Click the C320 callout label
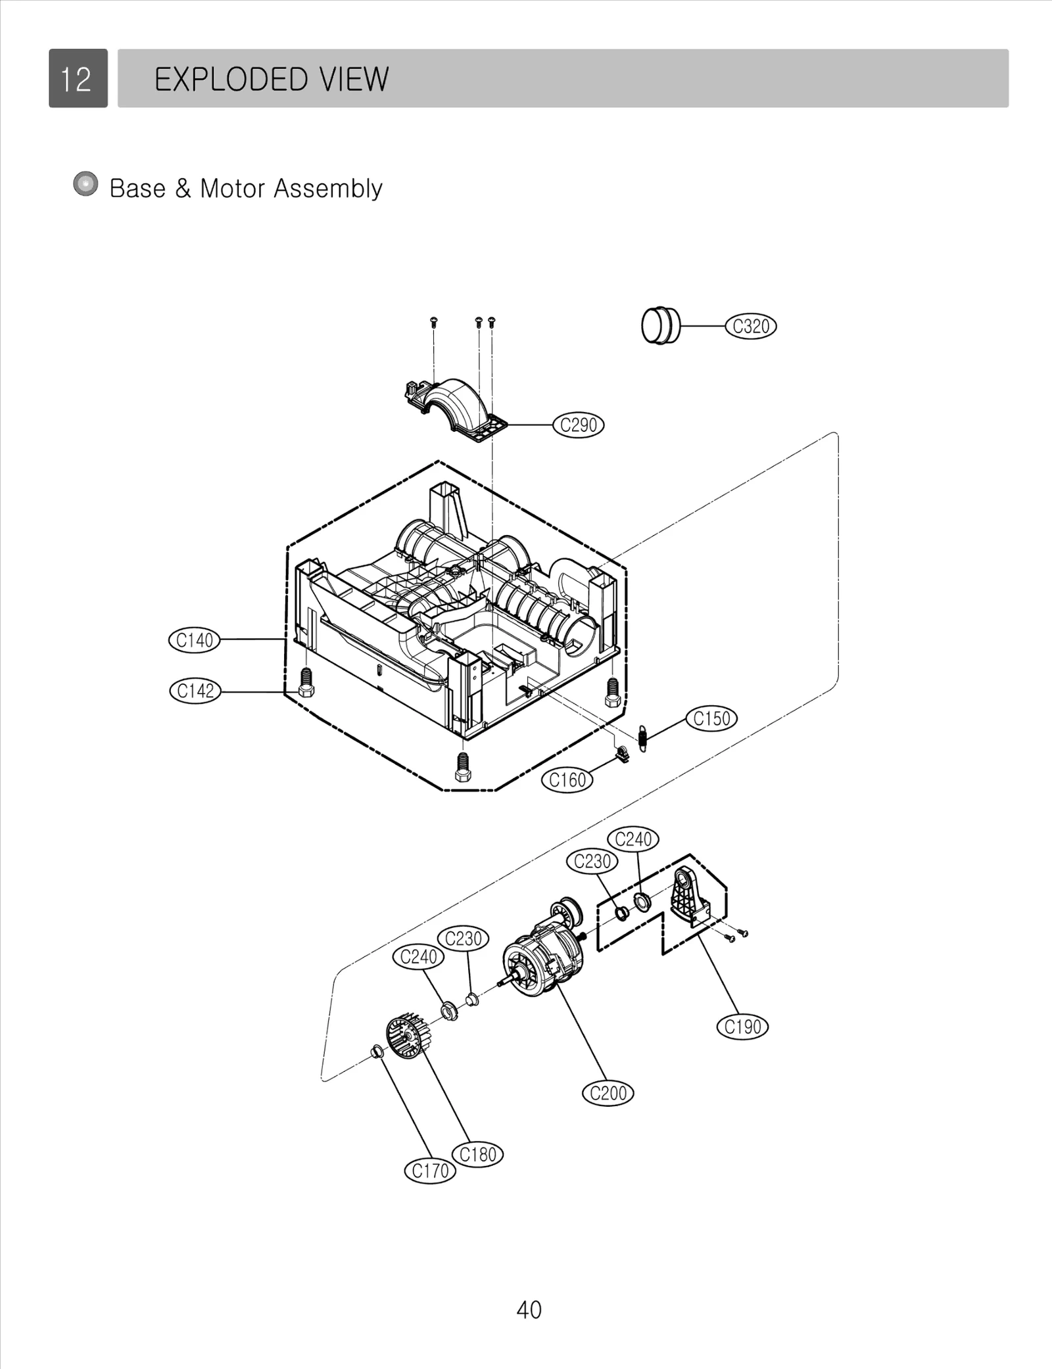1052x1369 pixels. click(x=750, y=326)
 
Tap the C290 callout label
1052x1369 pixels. click(x=578, y=425)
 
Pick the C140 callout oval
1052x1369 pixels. click(x=194, y=640)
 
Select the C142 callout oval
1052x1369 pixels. click(x=195, y=691)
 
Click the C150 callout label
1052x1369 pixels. click(x=711, y=718)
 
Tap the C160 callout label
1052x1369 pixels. click(x=567, y=780)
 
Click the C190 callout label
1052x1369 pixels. click(x=742, y=1027)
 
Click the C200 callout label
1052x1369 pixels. click(x=608, y=1093)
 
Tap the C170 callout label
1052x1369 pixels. click(x=429, y=1171)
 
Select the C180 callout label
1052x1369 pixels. click(x=478, y=1154)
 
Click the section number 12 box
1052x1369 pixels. click(x=78, y=78)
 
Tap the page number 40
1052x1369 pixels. click(x=529, y=1310)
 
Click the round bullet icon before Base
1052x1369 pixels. click(x=85, y=185)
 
